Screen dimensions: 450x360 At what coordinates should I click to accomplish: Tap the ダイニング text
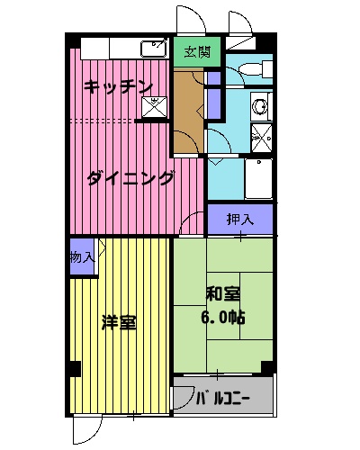[x=130, y=178]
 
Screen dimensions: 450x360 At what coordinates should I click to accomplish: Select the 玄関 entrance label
[x=198, y=52]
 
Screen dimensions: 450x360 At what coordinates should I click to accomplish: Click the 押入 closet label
[x=239, y=219]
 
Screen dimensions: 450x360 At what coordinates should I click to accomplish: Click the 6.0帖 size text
[x=223, y=317]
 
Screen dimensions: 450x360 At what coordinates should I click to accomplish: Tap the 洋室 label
[x=119, y=322]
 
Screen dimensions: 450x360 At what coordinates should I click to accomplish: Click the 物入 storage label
[x=81, y=257]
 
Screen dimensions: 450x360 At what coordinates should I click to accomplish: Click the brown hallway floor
[x=189, y=108]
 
